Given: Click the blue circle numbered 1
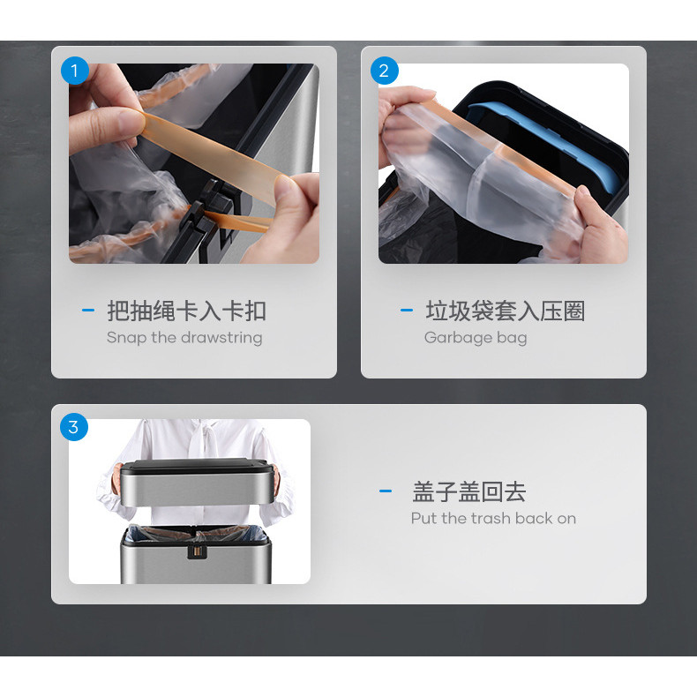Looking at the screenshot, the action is coord(75,71).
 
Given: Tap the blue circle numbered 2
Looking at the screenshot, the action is coord(385,71).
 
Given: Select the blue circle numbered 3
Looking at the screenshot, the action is coord(74,427).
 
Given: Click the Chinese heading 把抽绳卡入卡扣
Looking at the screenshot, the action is coord(187,311).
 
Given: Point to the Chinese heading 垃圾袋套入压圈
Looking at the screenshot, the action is coord(506,311).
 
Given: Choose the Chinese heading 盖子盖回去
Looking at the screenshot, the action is coord(469,491).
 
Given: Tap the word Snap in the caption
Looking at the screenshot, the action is coord(127,338).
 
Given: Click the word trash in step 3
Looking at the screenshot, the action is coord(491,518).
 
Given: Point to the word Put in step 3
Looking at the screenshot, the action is coord(424,518).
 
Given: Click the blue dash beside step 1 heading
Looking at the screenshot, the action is coord(88,311).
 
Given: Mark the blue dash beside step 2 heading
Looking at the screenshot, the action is coord(407,311).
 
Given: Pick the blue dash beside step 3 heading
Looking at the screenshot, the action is coord(386,491).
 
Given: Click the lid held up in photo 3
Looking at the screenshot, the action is coord(198,483).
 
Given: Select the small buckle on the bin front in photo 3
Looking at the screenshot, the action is coord(197,551).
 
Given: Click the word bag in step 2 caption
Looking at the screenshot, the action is coord(512,338).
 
